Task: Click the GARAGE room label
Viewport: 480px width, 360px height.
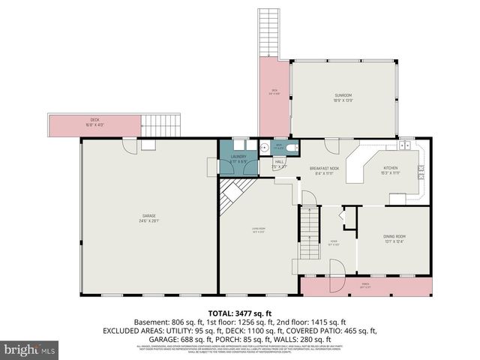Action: [x=148, y=217]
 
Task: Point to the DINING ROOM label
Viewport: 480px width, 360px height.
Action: [x=394, y=238]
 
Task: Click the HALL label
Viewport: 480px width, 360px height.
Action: [x=279, y=163]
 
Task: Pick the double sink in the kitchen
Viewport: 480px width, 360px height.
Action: [x=404, y=145]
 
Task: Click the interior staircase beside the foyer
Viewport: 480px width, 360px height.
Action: [x=308, y=232]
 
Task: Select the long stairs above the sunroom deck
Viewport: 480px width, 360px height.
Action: [x=269, y=34]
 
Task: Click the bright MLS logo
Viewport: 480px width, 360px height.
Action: [x=30, y=349]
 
